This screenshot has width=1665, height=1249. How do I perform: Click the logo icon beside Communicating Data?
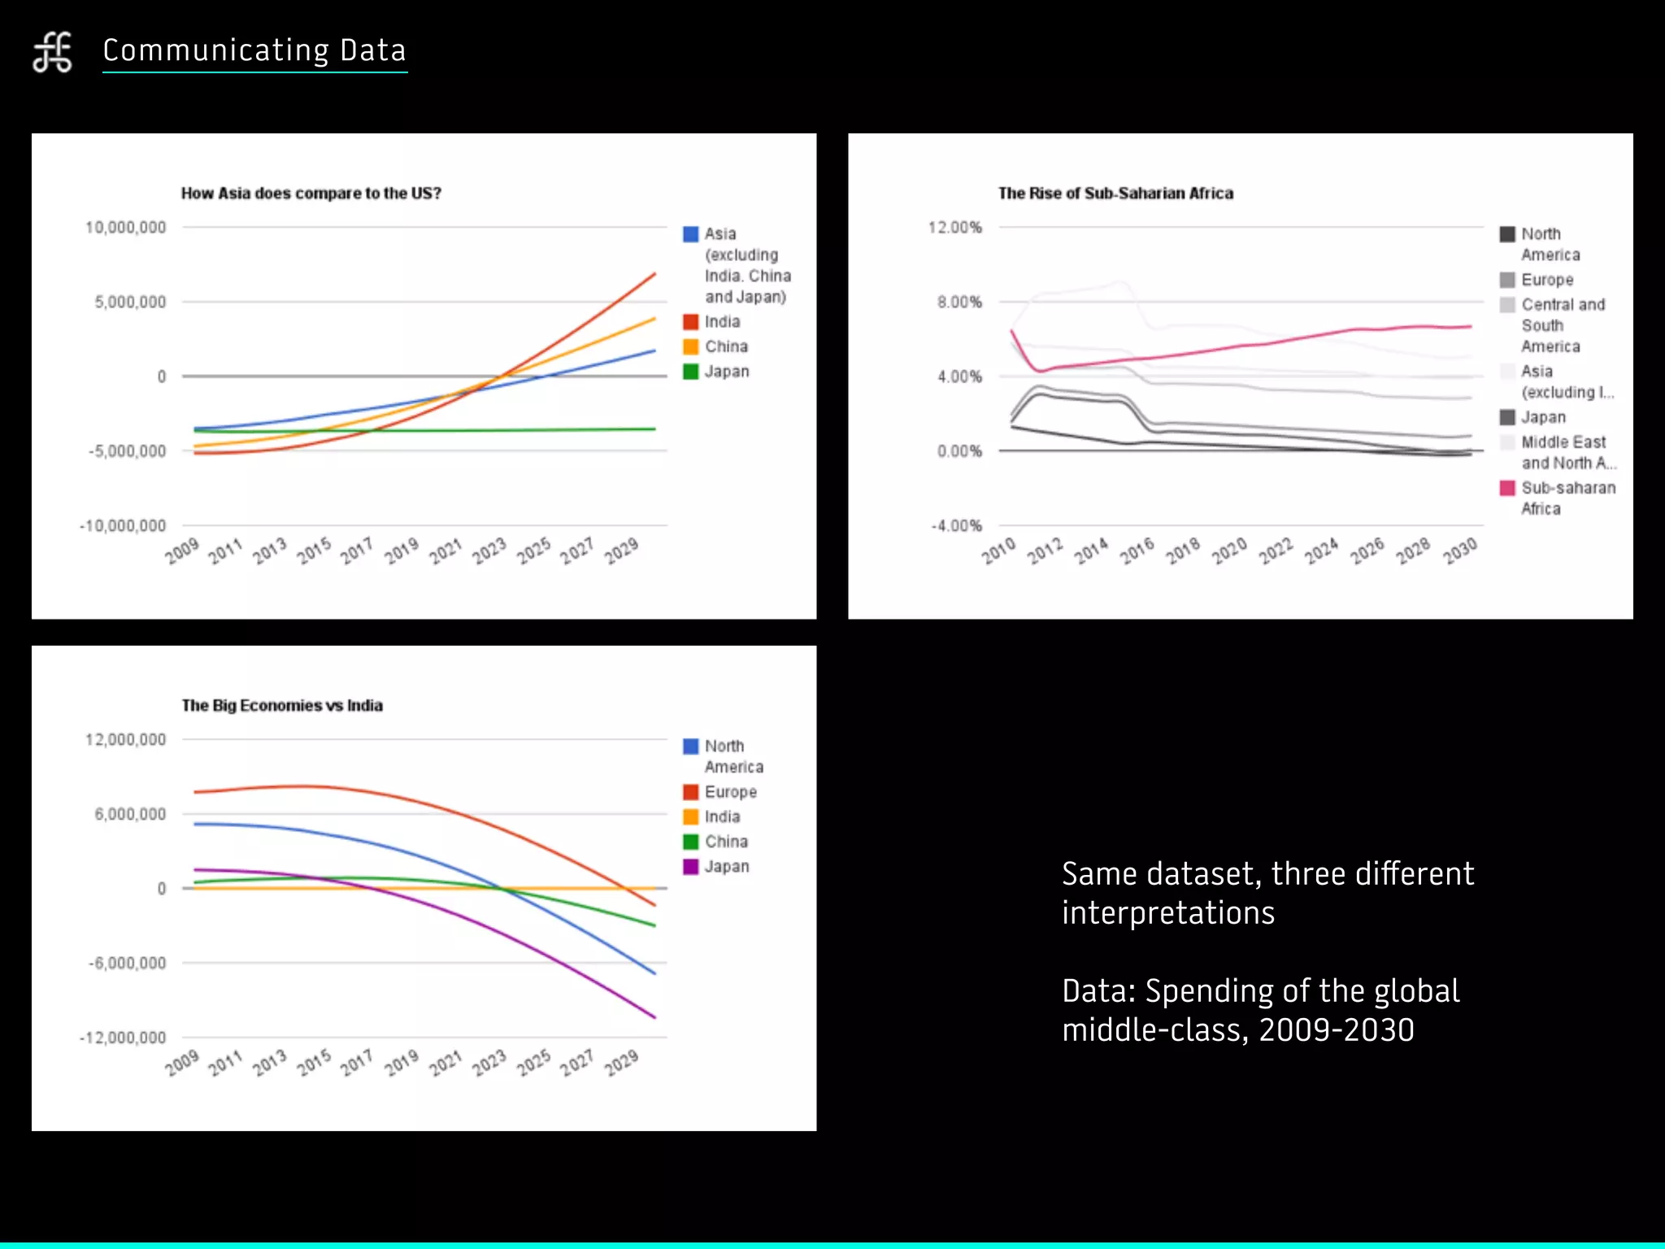(53, 52)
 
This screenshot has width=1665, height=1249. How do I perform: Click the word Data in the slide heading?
(372, 50)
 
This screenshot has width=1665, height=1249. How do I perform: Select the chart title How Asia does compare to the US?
(311, 194)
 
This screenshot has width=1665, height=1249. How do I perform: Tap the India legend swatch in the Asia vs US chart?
(690, 322)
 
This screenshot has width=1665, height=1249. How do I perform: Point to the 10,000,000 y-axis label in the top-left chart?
(125, 228)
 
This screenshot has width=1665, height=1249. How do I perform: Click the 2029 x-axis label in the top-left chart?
(621, 551)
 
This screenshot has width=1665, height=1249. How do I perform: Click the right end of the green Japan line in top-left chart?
(654, 429)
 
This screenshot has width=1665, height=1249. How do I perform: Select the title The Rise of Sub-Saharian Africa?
(1115, 194)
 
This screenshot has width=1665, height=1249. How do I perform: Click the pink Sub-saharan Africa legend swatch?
(1507, 488)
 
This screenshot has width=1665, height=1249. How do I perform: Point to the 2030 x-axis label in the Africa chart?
(1460, 551)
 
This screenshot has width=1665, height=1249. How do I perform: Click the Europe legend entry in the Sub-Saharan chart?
(1546, 280)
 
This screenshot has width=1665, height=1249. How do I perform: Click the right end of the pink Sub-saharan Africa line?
(1470, 327)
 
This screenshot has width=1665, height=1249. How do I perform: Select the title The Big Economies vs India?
(282, 706)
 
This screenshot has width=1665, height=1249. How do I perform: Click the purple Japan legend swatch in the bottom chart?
(690, 867)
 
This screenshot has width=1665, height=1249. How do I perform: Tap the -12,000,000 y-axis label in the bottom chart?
(123, 1038)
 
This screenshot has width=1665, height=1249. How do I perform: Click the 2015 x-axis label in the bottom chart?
(314, 1063)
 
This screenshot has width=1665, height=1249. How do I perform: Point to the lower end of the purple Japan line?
(654, 1016)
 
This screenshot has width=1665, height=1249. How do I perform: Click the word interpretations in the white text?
(1167, 913)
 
